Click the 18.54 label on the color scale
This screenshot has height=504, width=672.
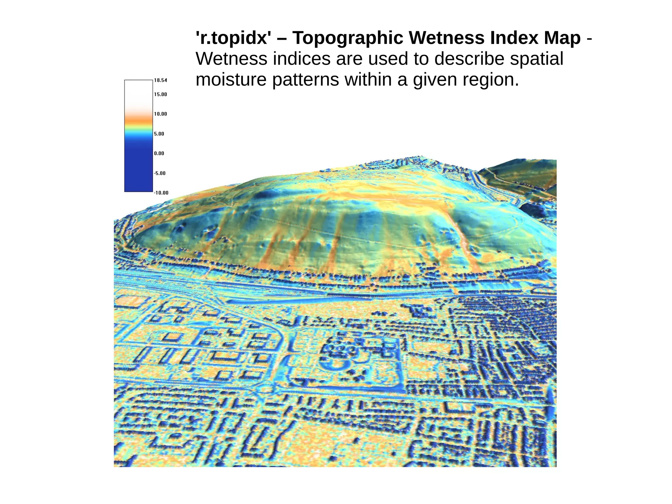click(x=160, y=80)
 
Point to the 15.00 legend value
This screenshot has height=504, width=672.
click(x=160, y=95)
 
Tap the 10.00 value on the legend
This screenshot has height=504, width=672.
click(x=160, y=114)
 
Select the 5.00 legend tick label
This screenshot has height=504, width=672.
click(x=159, y=134)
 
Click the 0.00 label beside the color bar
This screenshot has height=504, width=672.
click(x=159, y=153)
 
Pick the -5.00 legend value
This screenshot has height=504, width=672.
click(x=160, y=173)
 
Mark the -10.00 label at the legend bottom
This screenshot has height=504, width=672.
click(x=161, y=193)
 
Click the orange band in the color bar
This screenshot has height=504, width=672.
click(x=138, y=121)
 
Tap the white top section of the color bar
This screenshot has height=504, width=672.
click(x=138, y=90)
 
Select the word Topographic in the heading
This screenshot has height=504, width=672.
click(x=347, y=38)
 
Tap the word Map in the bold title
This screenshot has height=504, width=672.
click(x=562, y=38)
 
